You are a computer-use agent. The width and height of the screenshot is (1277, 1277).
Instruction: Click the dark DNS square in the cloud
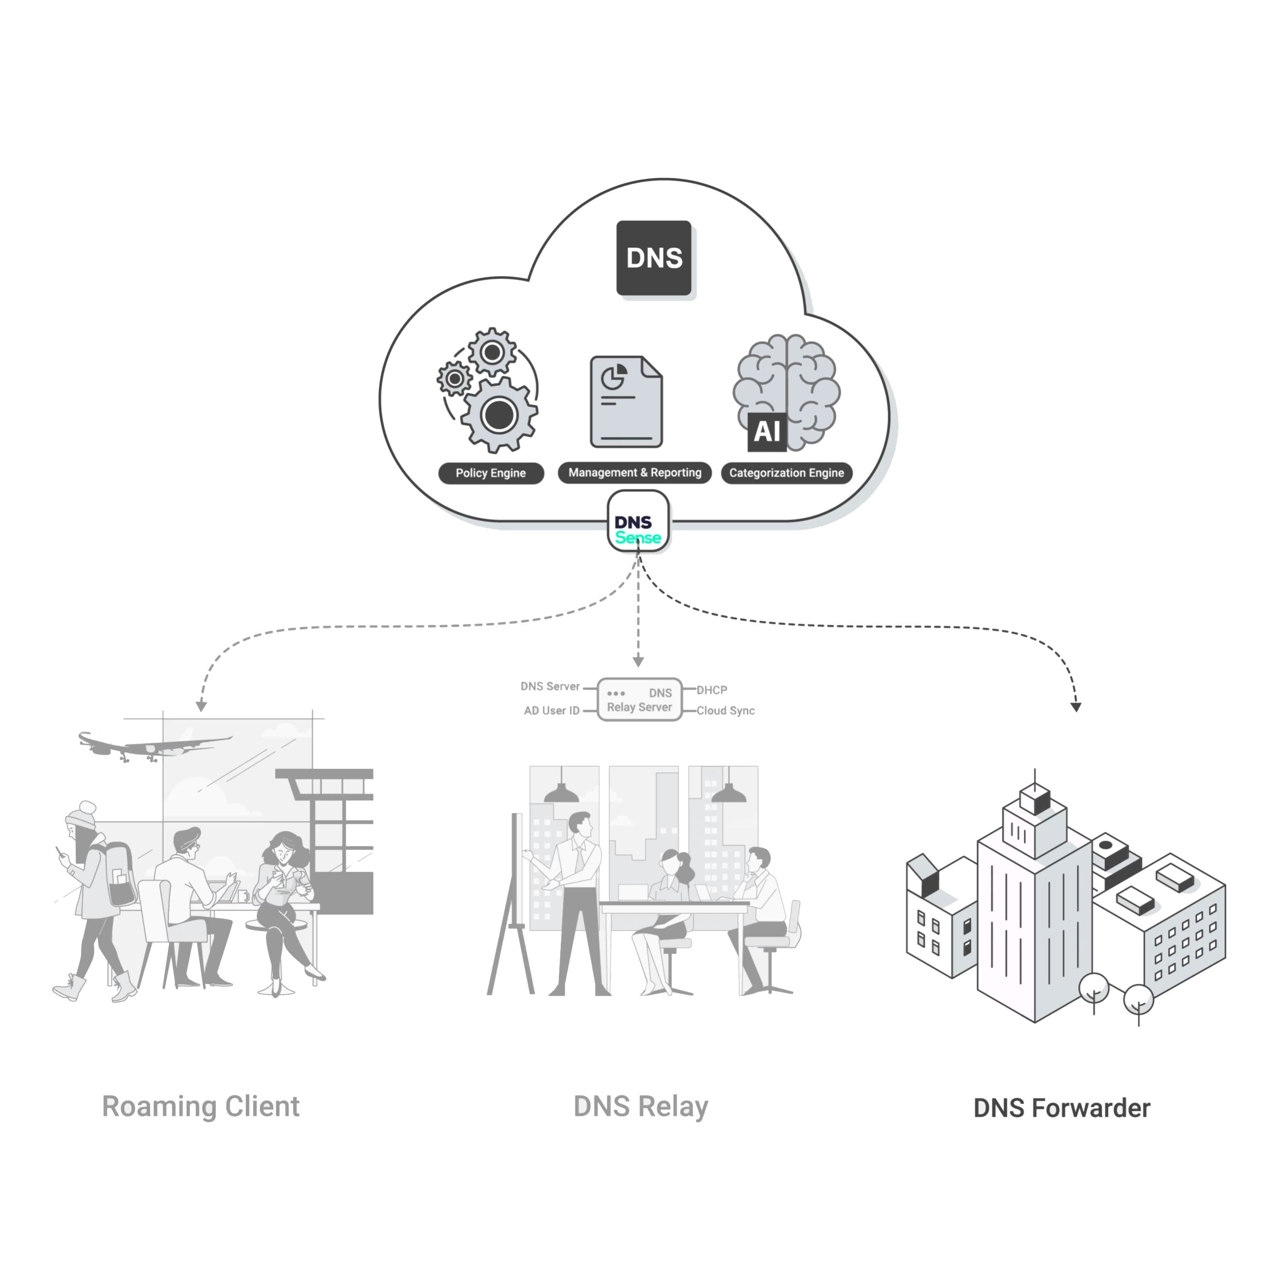[x=654, y=258]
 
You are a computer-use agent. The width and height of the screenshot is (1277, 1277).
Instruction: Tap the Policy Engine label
[x=490, y=473]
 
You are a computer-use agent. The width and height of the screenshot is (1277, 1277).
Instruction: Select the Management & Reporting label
[x=635, y=473]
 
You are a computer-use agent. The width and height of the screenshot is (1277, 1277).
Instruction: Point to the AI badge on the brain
[x=767, y=431]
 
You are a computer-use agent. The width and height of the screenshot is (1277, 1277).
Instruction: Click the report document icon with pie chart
[x=626, y=401]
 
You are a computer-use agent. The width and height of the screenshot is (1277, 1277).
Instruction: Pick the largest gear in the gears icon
[x=499, y=414]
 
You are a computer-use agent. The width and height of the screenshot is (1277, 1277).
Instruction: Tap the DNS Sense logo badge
[x=638, y=522]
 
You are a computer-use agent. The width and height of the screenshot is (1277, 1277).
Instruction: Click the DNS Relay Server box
[x=639, y=699]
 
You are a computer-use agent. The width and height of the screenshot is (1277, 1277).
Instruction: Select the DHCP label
[x=712, y=690]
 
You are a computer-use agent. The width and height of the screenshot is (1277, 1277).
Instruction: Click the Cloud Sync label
[x=725, y=710]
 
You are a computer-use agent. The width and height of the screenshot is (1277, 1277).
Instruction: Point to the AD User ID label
[x=551, y=710]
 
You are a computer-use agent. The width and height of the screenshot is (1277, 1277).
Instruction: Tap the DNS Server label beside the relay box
[x=550, y=686]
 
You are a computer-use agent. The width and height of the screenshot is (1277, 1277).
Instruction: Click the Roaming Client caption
[x=201, y=1106]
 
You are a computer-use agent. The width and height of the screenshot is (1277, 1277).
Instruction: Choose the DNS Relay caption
[x=641, y=1106]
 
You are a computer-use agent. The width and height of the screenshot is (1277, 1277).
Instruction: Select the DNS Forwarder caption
[x=1062, y=1108]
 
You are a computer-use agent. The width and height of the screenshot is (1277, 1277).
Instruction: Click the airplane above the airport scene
[x=152, y=745]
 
